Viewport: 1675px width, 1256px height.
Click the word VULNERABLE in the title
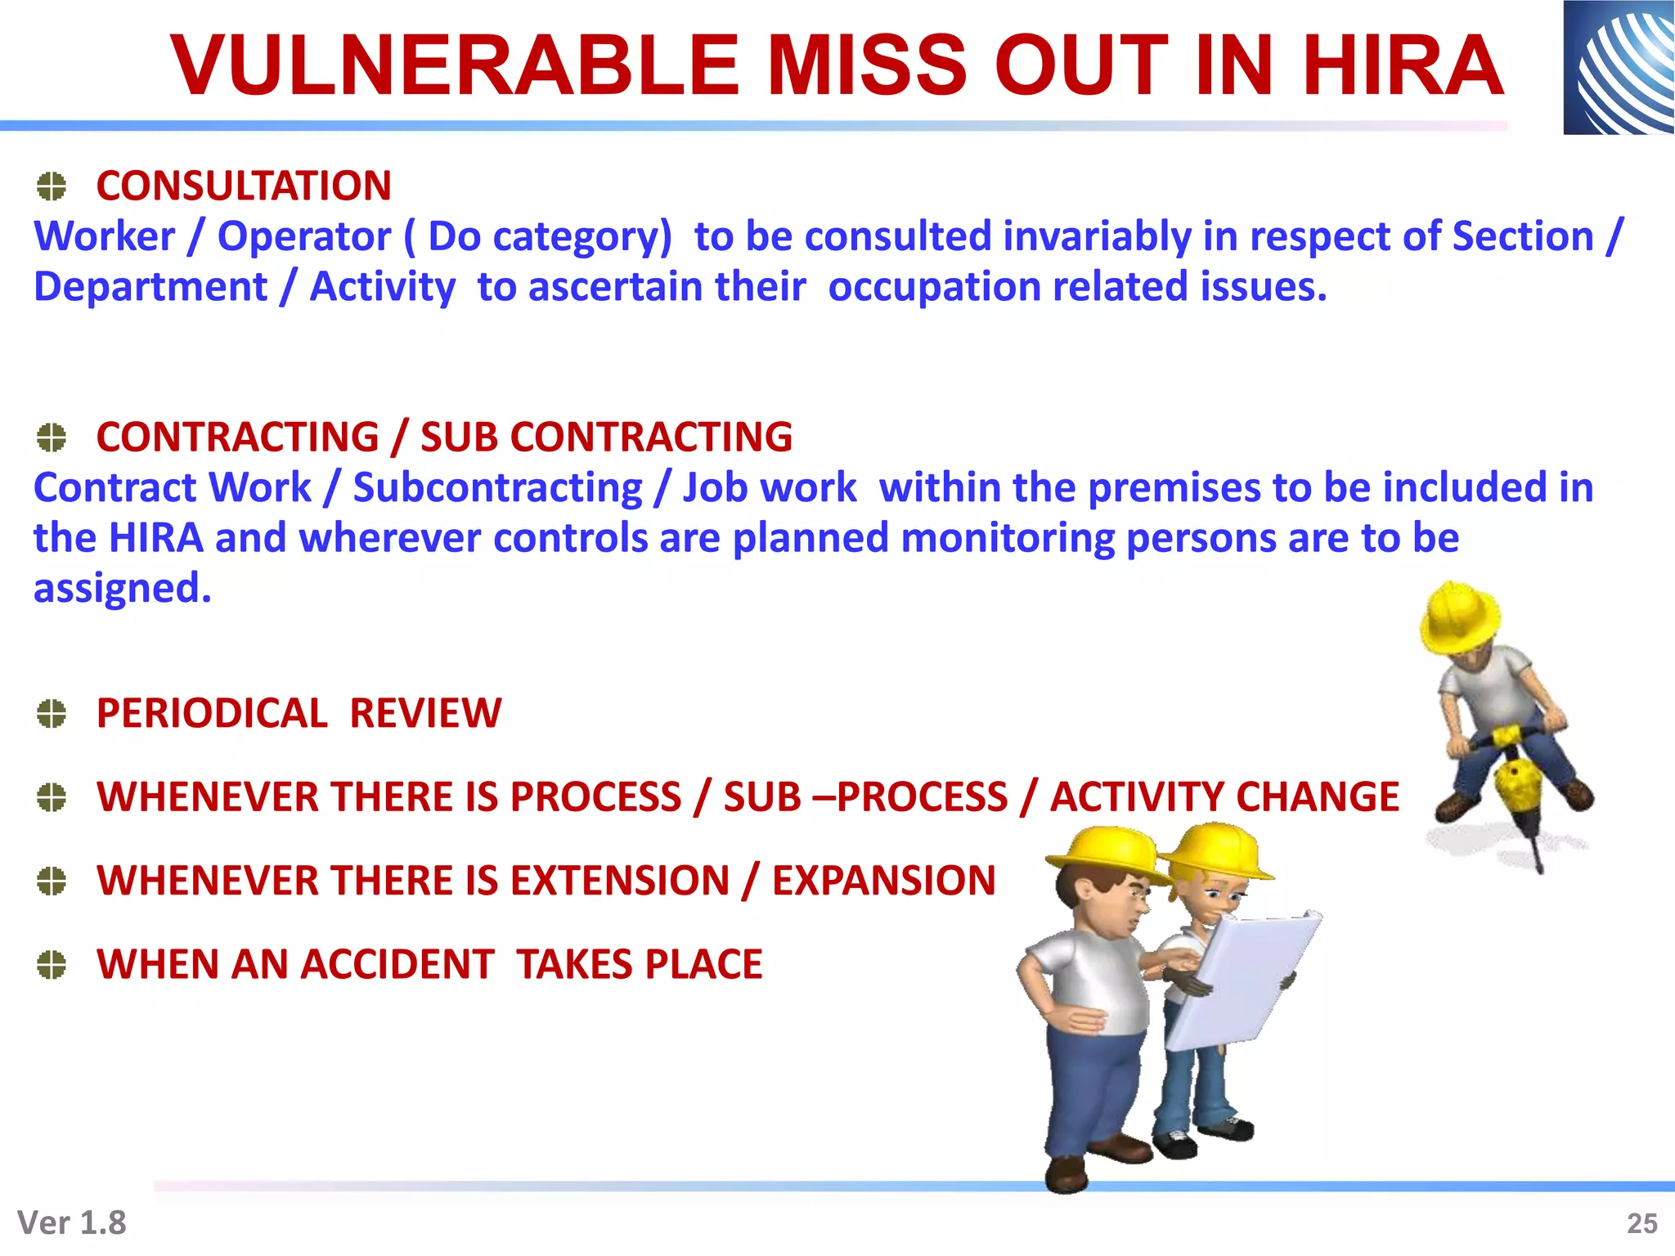[455, 65]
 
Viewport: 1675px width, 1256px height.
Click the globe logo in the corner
[1619, 67]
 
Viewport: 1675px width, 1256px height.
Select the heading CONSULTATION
[244, 186]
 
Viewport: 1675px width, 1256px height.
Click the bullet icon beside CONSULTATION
[52, 186]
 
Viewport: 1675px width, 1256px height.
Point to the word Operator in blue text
[303, 237]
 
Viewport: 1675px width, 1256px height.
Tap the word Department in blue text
[150, 287]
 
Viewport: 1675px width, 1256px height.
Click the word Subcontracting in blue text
[497, 488]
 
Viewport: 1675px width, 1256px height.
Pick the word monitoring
[1007, 539]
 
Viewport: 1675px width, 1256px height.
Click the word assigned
[121, 589]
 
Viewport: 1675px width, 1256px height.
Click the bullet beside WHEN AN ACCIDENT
[52, 965]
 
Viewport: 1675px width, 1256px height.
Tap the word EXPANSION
[884, 881]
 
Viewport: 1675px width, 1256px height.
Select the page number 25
[1641, 1223]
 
